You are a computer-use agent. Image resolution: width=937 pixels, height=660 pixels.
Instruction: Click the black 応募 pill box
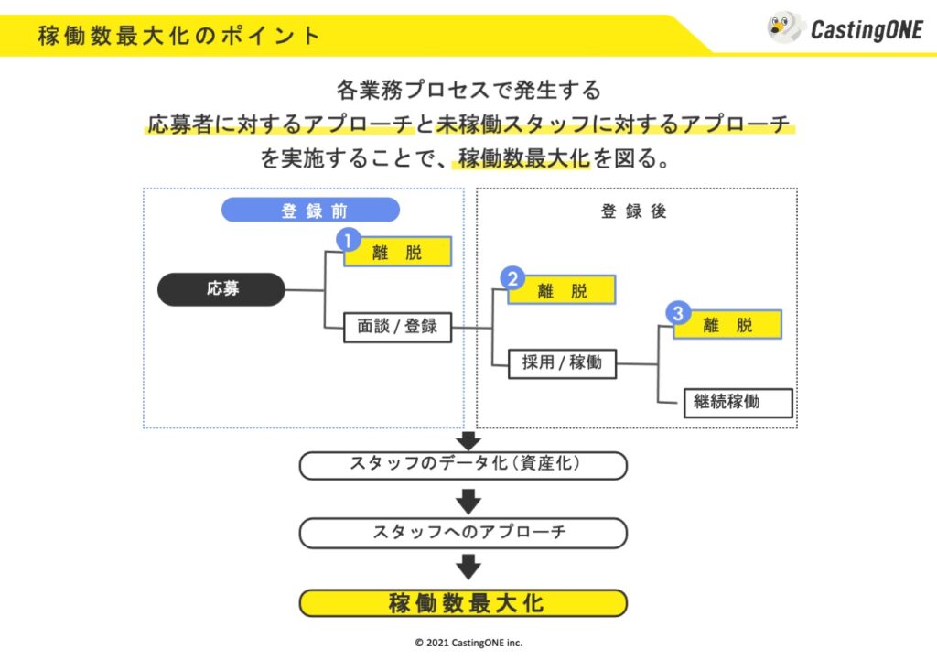[222, 289]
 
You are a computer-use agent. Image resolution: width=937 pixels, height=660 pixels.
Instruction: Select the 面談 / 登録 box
[398, 326]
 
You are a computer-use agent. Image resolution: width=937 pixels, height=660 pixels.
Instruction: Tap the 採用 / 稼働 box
[562, 362]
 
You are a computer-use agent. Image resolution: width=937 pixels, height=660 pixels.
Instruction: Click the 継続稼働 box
[738, 401]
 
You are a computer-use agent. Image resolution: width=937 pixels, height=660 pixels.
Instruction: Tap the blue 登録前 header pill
[311, 210]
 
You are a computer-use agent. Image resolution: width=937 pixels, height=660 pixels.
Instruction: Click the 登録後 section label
[634, 211]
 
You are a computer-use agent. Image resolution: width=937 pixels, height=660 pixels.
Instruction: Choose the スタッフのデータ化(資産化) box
[463, 465]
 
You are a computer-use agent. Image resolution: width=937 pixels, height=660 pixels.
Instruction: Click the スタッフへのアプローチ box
[463, 533]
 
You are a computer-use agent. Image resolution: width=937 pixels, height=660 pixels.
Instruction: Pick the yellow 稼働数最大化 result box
[463, 603]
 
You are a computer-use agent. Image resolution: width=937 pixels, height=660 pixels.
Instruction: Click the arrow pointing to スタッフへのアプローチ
[468, 501]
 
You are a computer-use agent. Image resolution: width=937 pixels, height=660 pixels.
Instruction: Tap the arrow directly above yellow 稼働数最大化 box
[468, 568]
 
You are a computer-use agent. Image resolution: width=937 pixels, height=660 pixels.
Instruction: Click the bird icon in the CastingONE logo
[784, 27]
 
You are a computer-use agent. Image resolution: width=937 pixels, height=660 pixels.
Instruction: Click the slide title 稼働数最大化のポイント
[179, 36]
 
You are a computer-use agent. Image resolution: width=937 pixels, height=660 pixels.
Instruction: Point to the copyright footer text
[468, 643]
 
